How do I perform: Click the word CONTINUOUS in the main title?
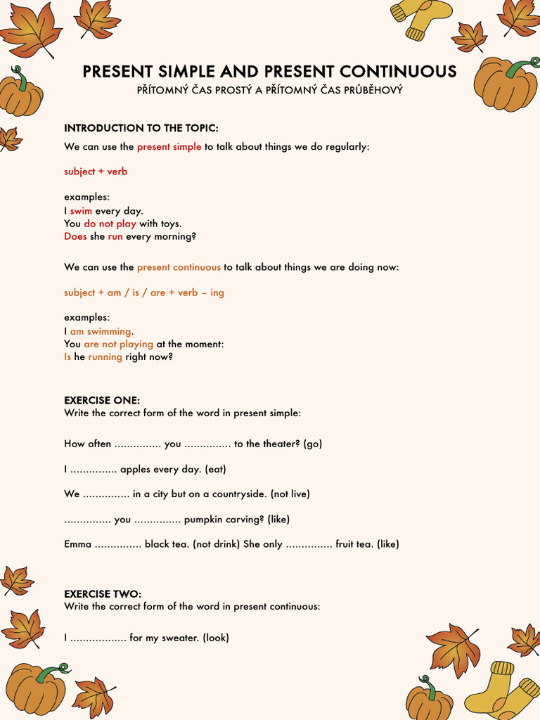coord(398,72)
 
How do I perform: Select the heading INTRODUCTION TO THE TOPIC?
coord(141,128)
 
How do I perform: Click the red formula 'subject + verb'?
coord(96,172)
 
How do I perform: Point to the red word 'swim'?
coord(81,211)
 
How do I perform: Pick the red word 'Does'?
coord(75,236)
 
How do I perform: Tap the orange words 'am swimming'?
coord(101,331)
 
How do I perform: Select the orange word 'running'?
coord(105,356)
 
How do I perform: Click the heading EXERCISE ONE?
coord(102,400)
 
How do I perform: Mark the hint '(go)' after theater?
coord(313,444)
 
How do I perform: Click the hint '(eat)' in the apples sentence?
coord(216,469)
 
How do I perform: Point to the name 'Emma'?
coord(77,544)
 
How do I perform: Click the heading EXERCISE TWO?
coord(103,594)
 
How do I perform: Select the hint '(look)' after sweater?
coord(216,638)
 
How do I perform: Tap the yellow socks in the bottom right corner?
coord(501,693)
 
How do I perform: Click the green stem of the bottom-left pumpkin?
coord(51,671)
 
